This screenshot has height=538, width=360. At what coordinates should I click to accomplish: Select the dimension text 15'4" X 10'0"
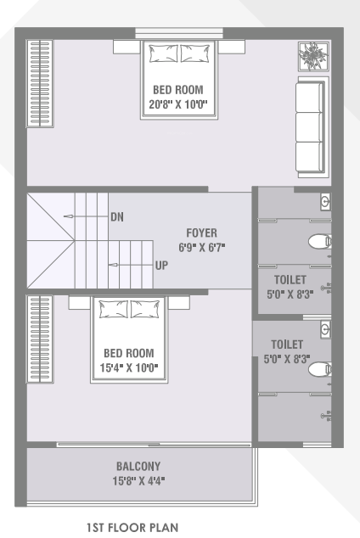[x=129, y=367]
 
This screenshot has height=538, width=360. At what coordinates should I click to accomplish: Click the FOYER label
[x=202, y=232]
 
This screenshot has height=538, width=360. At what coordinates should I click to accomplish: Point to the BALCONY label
[x=138, y=466]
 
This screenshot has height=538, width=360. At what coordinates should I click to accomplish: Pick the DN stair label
[x=117, y=216]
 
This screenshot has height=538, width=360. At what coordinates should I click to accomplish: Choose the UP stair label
[x=161, y=265]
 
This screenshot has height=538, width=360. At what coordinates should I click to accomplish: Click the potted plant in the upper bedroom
[x=311, y=56]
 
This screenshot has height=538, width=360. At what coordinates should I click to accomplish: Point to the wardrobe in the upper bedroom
[x=41, y=82]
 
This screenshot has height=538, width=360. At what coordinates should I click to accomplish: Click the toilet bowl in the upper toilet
[x=319, y=241]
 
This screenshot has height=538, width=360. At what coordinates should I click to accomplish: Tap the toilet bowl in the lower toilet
[x=319, y=369]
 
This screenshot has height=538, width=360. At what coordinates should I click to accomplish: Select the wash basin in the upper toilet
[x=325, y=202]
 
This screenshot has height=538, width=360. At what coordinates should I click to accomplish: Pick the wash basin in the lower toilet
[x=325, y=329]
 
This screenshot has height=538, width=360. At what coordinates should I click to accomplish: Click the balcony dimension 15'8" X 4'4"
[x=138, y=480]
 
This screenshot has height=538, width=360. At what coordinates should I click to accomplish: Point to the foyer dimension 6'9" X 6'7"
[x=202, y=247]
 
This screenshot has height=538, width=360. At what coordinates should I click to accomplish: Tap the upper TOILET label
[x=290, y=278]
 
